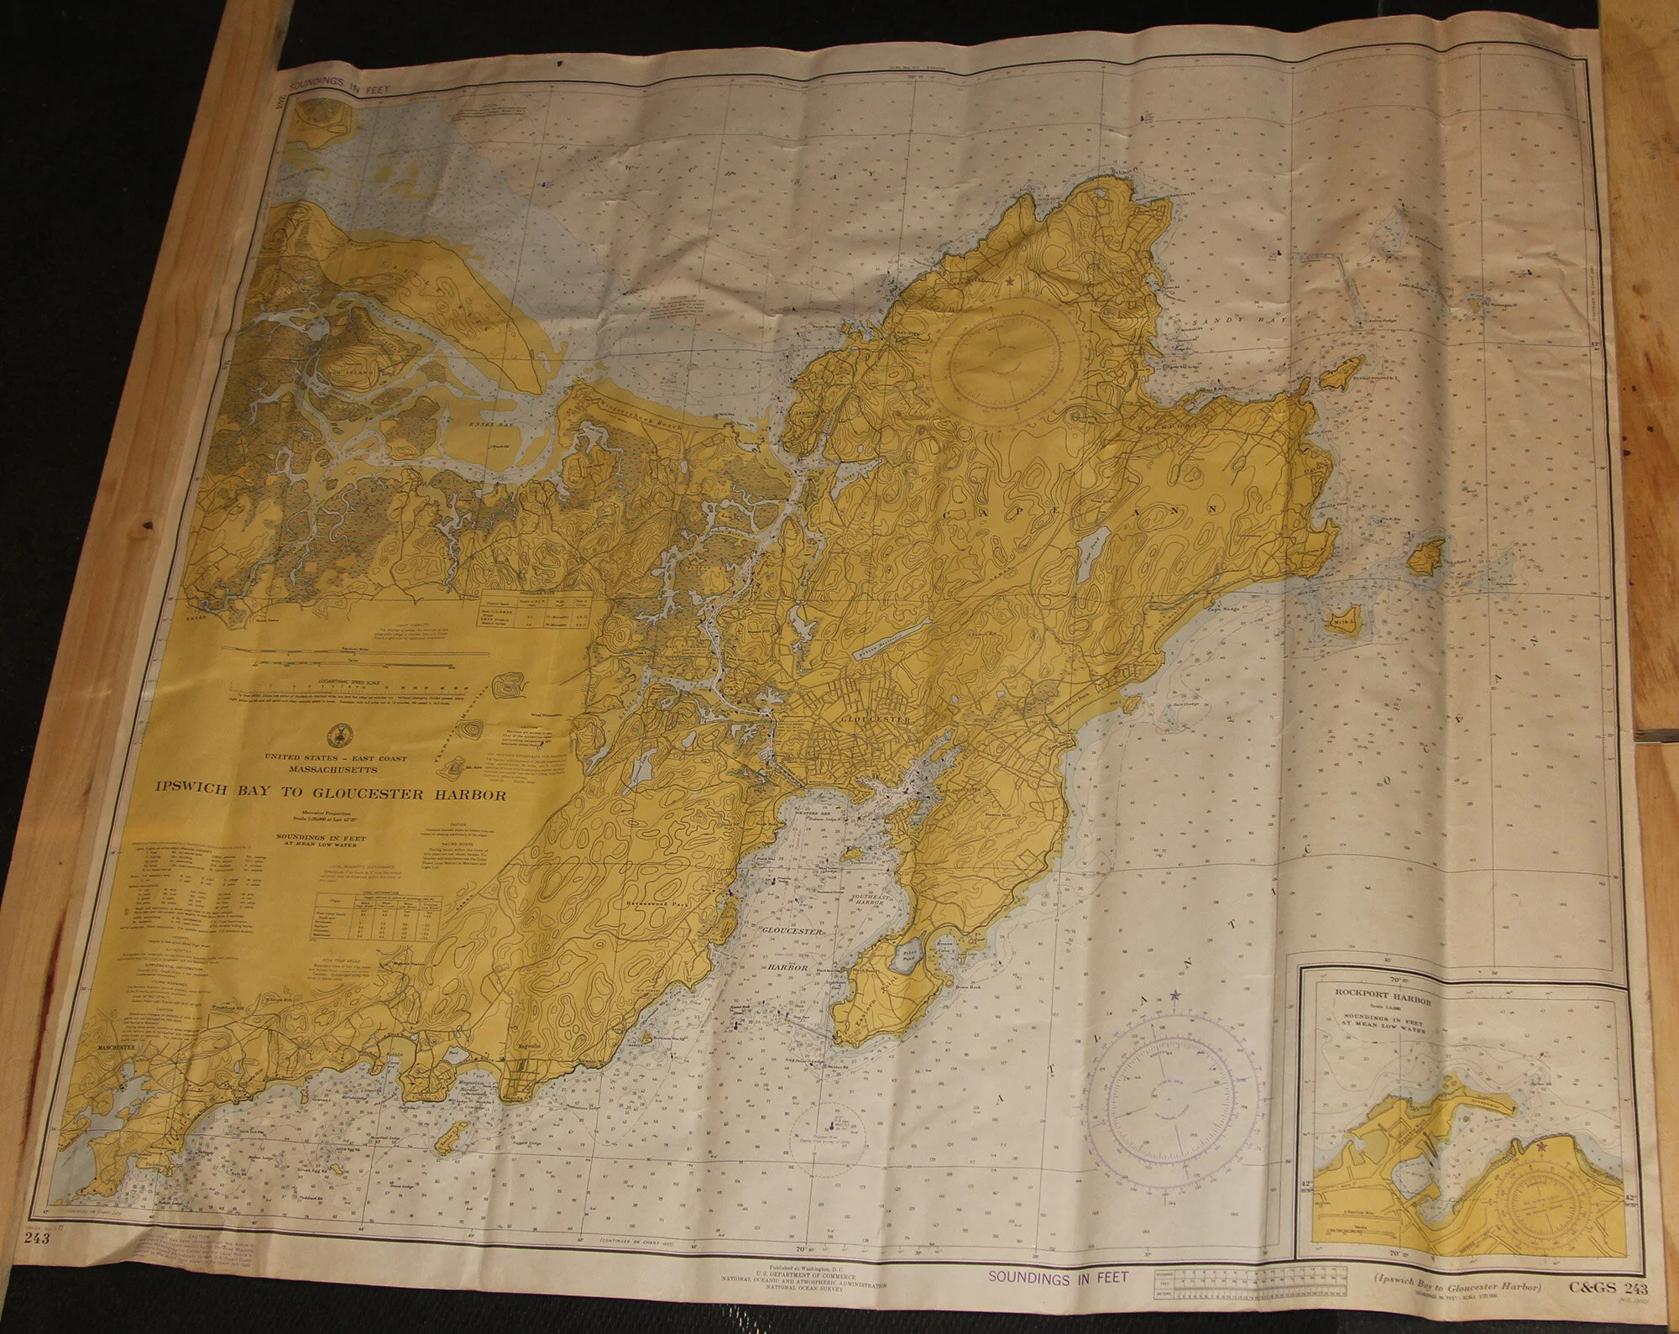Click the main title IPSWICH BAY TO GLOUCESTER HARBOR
(x=329, y=792)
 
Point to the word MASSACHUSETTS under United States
(x=336, y=769)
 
